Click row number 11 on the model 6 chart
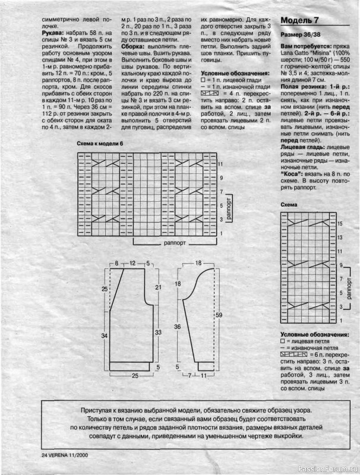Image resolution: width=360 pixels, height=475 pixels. [x=220, y=163]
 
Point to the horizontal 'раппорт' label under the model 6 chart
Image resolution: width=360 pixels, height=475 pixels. [x=174, y=243]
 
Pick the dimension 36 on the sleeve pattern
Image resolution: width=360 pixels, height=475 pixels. [x=176, y=326]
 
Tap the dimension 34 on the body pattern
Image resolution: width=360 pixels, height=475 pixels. [x=105, y=335]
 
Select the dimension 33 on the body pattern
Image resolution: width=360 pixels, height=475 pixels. [x=157, y=332]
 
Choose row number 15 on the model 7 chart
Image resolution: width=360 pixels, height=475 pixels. [x=340, y=224]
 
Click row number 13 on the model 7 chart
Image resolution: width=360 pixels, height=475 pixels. [x=340, y=237]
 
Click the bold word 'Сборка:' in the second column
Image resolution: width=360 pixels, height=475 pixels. [x=133, y=46]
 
